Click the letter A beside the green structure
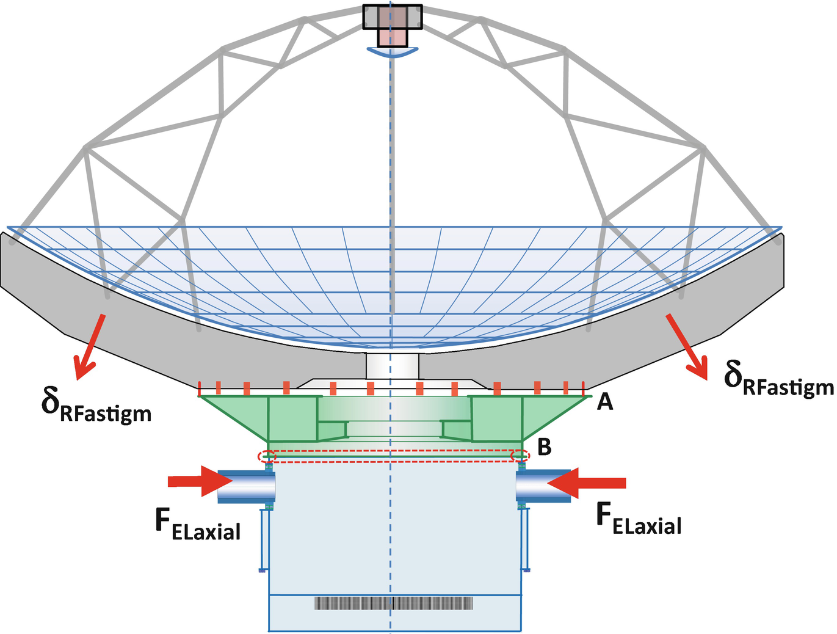click(604, 401)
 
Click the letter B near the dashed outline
click(544, 447)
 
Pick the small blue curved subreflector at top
click(392, 53)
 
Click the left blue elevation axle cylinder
click(247, 486)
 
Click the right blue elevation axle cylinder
click(543, 486)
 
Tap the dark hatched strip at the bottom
click(394, 603)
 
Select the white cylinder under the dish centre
click(392, 366)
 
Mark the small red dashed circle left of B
click(520, 456)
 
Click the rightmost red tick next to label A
click(584, 388)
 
